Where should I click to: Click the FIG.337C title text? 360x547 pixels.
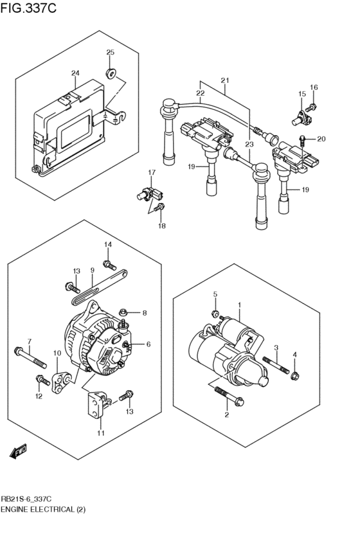pos(29,8)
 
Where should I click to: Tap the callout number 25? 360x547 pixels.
pos(110,53)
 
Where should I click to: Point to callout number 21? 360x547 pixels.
pos(225,80)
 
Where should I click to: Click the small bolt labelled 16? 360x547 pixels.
pos(312,106)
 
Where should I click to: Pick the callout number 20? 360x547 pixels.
pos(321,139)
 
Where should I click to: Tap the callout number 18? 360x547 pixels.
pos(162,227)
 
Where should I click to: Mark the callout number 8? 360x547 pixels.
pos(145,313)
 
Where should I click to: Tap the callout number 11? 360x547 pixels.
pos(101,433)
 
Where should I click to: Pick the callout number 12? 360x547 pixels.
pos(39,396)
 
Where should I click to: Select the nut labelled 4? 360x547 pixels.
pos(295,375)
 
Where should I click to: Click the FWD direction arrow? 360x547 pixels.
pos(18,452)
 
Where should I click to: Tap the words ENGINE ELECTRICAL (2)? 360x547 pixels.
pos(43,509)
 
